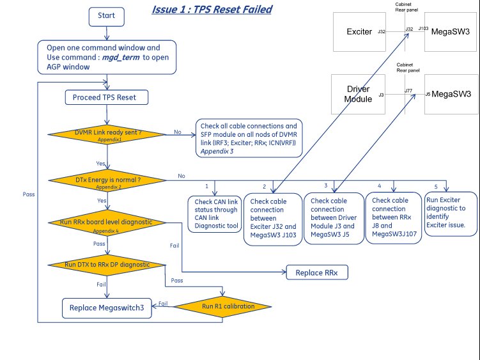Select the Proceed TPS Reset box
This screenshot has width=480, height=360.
click(107, 97)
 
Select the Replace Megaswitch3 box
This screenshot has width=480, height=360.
click(107, 308)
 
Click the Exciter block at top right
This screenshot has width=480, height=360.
click(359, 31)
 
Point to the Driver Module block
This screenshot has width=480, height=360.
click(359, 94)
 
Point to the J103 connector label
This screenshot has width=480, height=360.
click(423, 29)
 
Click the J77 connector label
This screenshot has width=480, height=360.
click(408, 91)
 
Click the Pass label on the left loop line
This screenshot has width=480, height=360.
click(29, 193)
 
